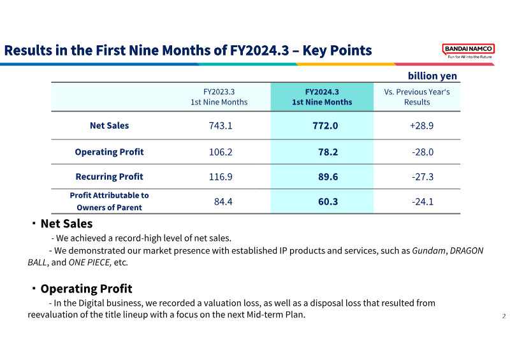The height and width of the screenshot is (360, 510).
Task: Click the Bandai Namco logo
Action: [468, 51]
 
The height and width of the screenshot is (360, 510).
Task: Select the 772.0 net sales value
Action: [322, 126]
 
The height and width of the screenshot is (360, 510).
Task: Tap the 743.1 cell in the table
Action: [221, 126]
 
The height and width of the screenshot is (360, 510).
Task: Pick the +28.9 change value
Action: [421, 126]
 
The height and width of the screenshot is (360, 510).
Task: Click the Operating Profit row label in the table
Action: [109, 152]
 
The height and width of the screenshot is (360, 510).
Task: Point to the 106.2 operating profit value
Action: [221, 152]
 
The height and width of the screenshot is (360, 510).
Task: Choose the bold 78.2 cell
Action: [322, 152]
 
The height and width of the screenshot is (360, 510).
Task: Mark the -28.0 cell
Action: [422, 152]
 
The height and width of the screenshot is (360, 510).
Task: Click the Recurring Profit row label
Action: [109, 176]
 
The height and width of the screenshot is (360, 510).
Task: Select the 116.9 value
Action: [221, 176]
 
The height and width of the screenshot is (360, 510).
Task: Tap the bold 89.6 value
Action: [322, 176]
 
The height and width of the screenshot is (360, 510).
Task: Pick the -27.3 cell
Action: [422, 176]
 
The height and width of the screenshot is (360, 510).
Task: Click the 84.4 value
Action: [223, 201]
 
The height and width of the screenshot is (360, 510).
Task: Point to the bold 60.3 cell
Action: [322, 201]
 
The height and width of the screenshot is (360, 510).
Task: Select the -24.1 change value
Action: [422, 201]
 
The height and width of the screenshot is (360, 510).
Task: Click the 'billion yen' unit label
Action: [432, 76]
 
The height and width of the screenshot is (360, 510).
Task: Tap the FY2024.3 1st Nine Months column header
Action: [322, 97]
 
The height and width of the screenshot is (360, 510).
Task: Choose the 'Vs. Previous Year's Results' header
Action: [417, 97]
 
